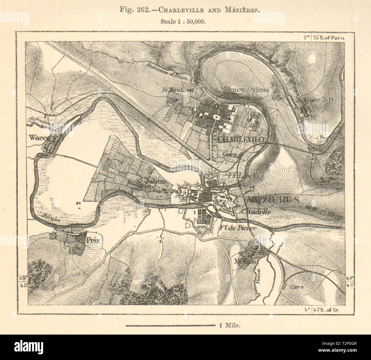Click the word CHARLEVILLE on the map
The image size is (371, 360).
pos(242,139)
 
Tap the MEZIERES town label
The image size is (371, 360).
pos(270,200)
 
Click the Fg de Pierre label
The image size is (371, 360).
pos(238,228)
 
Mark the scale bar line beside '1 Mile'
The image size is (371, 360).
pos(170,325)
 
